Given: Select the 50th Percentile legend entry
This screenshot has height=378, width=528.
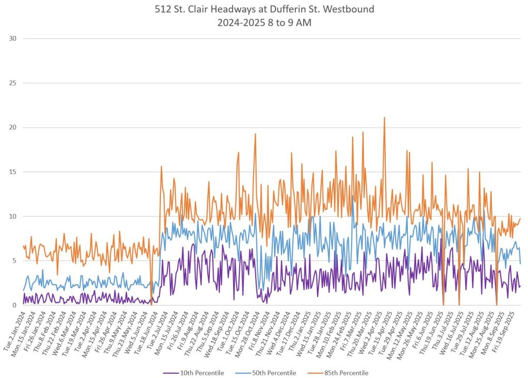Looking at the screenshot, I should click(x=273, y=373).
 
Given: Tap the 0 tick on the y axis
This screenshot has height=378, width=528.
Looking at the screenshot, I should click(x=14, y=305).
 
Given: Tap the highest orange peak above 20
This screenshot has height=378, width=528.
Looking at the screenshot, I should click(x=384, y=118).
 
